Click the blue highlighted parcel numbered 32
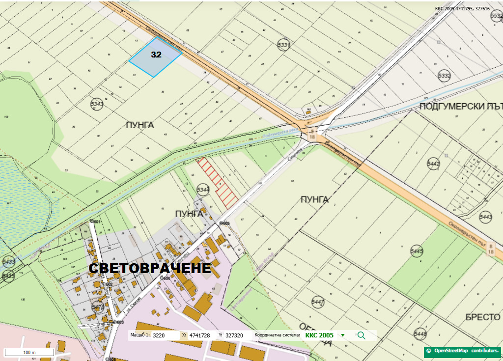point(155,57)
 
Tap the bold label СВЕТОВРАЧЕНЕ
point(150,268)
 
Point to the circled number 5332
point(444,76)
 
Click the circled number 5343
point(97,104)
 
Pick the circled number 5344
point(202,189)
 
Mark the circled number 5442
point(433,164)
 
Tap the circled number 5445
point(416,251)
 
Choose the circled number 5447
point(318,301)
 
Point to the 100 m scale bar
point(29,352)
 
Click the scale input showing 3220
point(165,335)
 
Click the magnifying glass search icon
point(362,335)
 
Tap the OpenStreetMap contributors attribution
point(463,351)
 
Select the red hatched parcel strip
point(219,180)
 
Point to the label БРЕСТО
point(482,317)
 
